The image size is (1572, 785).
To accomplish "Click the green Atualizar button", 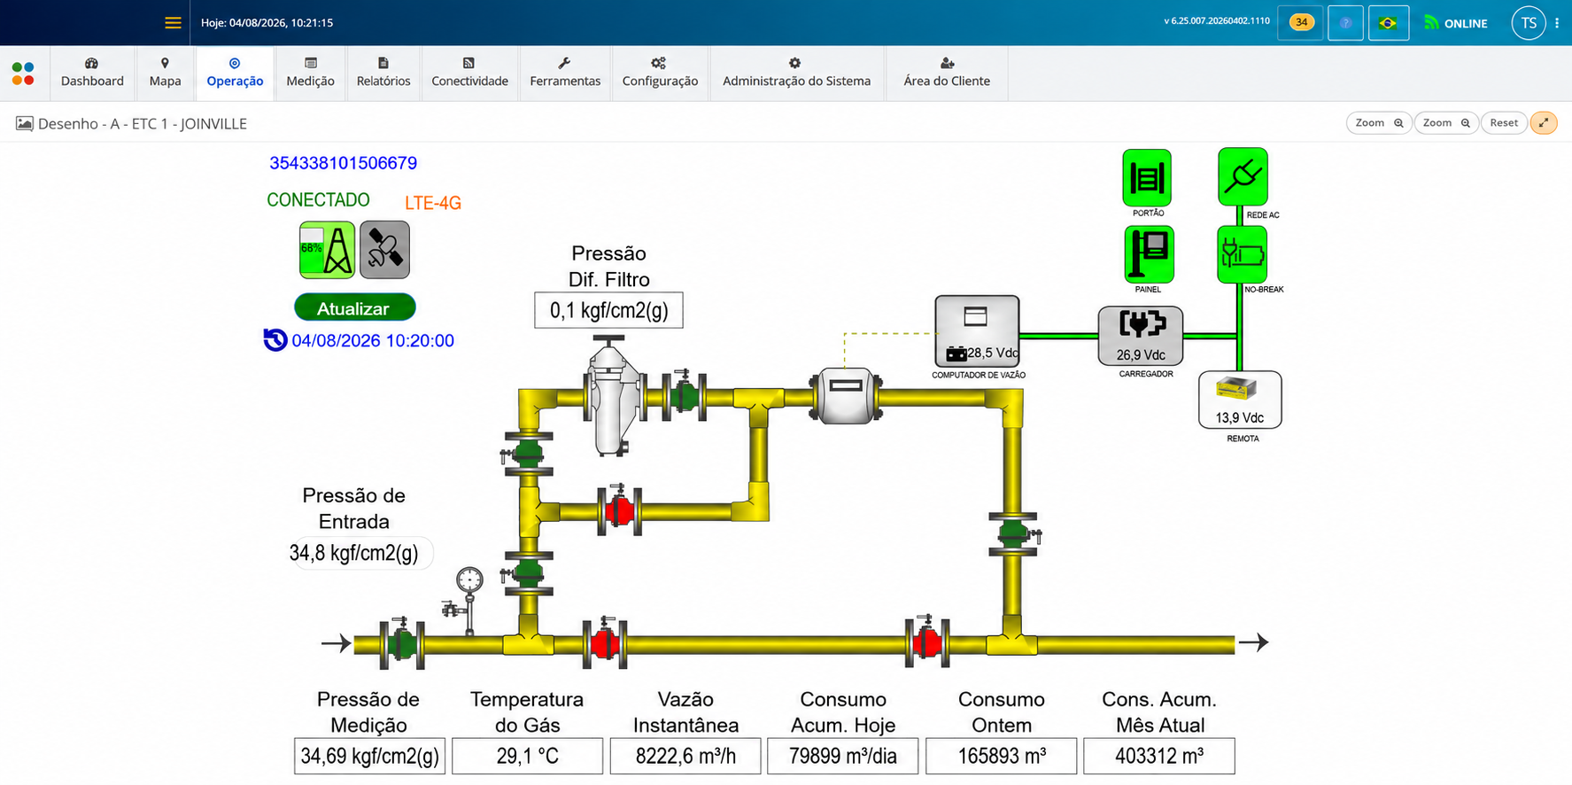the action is (x=354, y=307).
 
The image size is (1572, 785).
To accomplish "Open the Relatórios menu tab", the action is (x=383, y=73).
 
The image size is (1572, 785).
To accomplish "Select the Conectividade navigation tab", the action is (x=469, y=73).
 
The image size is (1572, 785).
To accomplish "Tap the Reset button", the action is (x=1503, y=123).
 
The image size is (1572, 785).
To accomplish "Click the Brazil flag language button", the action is (x=1388, y=23).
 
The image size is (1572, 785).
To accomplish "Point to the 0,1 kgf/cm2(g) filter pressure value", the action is (x=608, y=310).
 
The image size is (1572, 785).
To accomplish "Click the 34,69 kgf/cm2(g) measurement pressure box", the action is (x=369, y=756).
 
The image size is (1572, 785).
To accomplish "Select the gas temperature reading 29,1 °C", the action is (x=527, y=756).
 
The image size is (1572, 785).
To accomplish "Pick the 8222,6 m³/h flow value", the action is (x=685, y=756).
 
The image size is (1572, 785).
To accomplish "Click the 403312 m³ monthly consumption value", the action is (x=1159, y=756).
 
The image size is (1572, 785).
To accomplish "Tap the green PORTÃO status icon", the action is (x=1147, y=177).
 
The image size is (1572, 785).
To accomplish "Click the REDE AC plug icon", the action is (x=1243, y=176).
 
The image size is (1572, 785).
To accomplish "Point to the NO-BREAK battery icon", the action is (x=1242, y=254).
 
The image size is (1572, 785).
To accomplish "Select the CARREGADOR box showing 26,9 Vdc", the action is (x=1141, y=336).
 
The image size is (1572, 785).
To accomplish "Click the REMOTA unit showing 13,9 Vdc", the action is (x=1240, y=400).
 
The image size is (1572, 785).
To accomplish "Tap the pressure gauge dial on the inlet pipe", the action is (x=469, y=580).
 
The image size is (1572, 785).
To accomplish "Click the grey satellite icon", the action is (x=384, y=250).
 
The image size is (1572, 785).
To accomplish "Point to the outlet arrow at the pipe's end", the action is (x=1253, y=642).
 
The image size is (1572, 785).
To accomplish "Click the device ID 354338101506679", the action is (x=343, y=163).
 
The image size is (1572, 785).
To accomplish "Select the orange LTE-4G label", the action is (x=433, y=203).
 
